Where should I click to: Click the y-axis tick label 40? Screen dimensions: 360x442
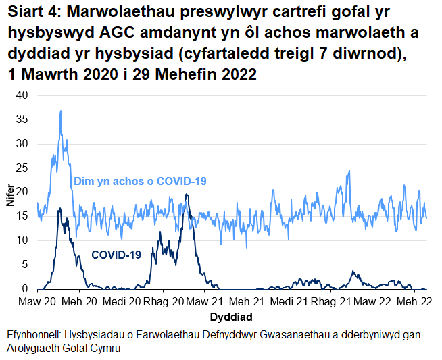click(23, 95)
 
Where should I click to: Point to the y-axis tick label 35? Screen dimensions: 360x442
click(23, 120)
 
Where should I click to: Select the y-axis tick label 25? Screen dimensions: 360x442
click(23, 168)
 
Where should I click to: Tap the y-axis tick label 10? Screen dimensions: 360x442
click(23, 240)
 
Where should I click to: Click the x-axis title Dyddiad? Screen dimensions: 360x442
click(231, 316)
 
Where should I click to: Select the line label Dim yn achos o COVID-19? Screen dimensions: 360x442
click(140, 181)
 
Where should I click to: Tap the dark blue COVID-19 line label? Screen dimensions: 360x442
click(116, 255)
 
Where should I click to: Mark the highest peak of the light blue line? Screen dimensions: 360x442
click(61, 111)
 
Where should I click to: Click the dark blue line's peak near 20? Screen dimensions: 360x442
click(187, 195)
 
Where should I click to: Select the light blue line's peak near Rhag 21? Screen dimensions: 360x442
click(349, 171)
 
